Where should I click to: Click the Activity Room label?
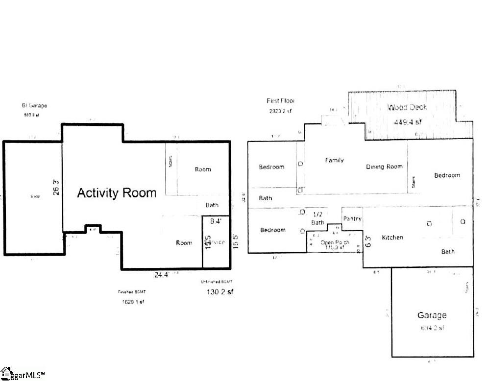[x=117, y=193]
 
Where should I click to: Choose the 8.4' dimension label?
[x=216, y=221]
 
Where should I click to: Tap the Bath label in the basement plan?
[x=212, y=205]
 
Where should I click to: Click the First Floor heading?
[x=281, y=101]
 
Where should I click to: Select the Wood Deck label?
[x=407, y=107]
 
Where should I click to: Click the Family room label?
[x=335, y=160]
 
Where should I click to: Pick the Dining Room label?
[x=384, y=167]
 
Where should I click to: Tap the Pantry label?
[x=352, y=219]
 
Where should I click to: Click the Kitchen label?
[x=392, y=238]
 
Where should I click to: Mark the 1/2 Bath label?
[x=317, y=218]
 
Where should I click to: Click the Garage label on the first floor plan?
[x=432, y=315]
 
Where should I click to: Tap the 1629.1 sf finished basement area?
[x=133, y=302]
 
